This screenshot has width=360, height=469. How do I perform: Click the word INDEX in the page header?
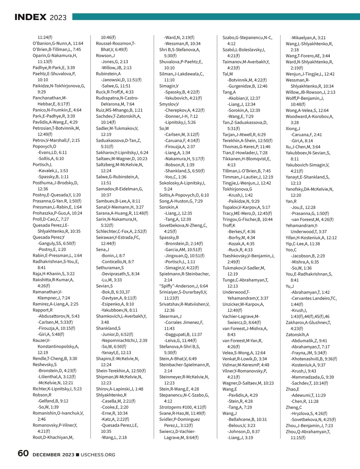click(30, 17)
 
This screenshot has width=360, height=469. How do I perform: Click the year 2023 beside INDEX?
click(58, 18)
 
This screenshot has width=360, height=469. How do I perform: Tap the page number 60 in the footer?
click(23, 453)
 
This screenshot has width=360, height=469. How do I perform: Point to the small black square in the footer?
click(78, 455)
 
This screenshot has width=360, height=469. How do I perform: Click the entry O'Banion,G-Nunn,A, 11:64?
click(58, 43)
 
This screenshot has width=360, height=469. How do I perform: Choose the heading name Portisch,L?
click(42, 165)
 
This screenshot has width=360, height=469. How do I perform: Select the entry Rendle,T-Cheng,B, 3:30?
click(55, 359)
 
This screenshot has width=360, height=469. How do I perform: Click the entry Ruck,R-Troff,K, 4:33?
click(115, 92)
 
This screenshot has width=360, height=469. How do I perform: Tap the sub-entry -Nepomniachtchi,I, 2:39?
click(124, 340)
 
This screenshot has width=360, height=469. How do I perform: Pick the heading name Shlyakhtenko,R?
click(111, 395)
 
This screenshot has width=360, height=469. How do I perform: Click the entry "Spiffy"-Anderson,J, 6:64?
click(183, 286)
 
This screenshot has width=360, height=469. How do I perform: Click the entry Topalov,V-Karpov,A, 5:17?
click(246, 207)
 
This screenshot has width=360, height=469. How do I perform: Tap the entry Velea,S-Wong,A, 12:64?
click(244, 353)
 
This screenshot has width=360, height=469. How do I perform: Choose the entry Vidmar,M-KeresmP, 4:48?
click(246, 365)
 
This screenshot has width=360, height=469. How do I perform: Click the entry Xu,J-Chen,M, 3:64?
click(303, 147)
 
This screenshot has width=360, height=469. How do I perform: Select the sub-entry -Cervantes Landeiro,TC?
click(313, 298)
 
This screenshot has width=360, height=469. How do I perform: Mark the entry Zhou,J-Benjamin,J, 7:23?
click(309, 426)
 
